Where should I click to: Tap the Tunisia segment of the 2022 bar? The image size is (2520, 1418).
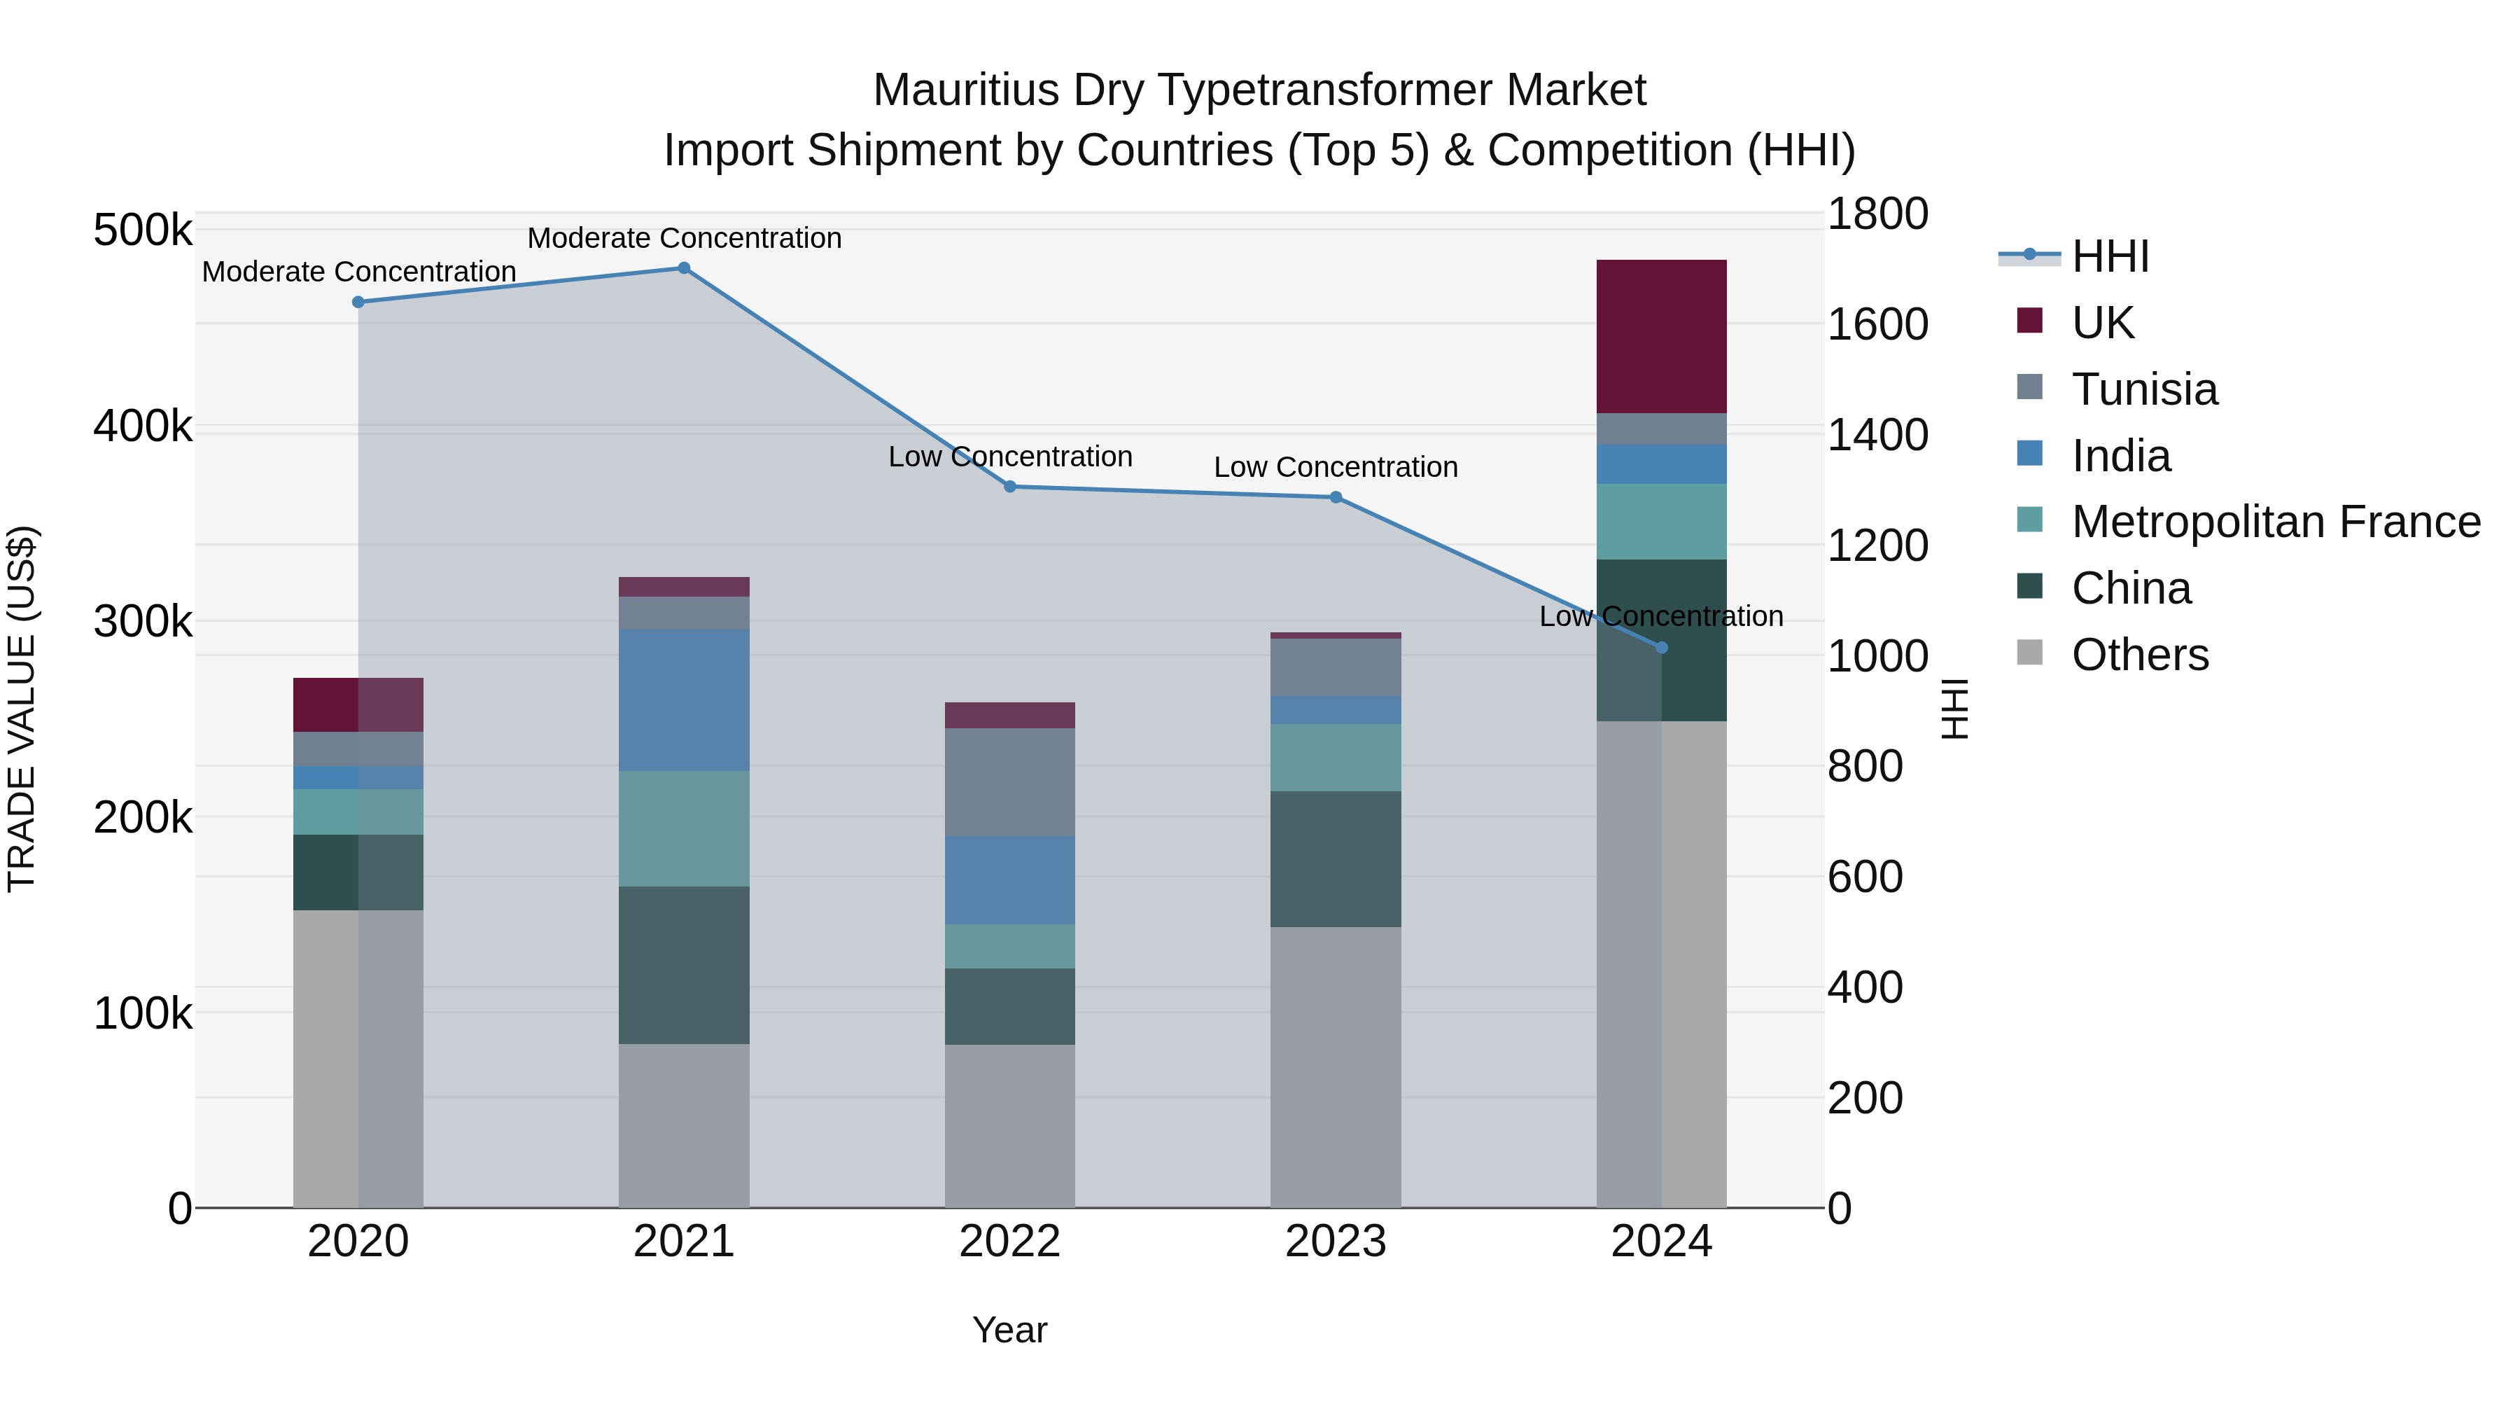(x=1009, y=782)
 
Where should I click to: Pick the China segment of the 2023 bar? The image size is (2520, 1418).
(x=1336, y=859)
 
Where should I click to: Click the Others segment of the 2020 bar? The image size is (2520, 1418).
(x=358, y=1058)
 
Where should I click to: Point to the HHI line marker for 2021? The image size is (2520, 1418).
(x=684, y=268)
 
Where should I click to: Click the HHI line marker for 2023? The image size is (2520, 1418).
(x=1336, y=497)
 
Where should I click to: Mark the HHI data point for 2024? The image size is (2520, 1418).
(x=1661, y=648)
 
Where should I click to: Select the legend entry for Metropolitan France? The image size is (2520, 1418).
(x=2276, y=522)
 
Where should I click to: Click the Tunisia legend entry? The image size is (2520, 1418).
(x=2144, y=389)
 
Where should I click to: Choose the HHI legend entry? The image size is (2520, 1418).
(x=2110, y=256)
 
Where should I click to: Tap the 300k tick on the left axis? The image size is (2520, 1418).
(x=143, y=621)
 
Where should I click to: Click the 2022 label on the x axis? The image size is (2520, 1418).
(x=1009, y=1242)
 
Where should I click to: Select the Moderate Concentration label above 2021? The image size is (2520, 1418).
(x=684, y=238)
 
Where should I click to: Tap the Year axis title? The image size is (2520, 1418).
(x=1009, y=1330)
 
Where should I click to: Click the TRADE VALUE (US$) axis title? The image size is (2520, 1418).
(x=22, y=709)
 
